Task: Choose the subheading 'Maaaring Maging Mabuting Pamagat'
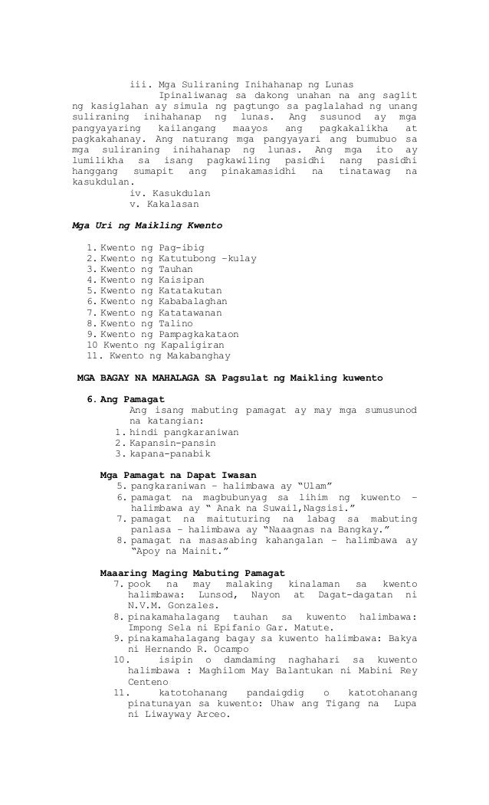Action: pyautogui.click(x=192, y=572)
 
